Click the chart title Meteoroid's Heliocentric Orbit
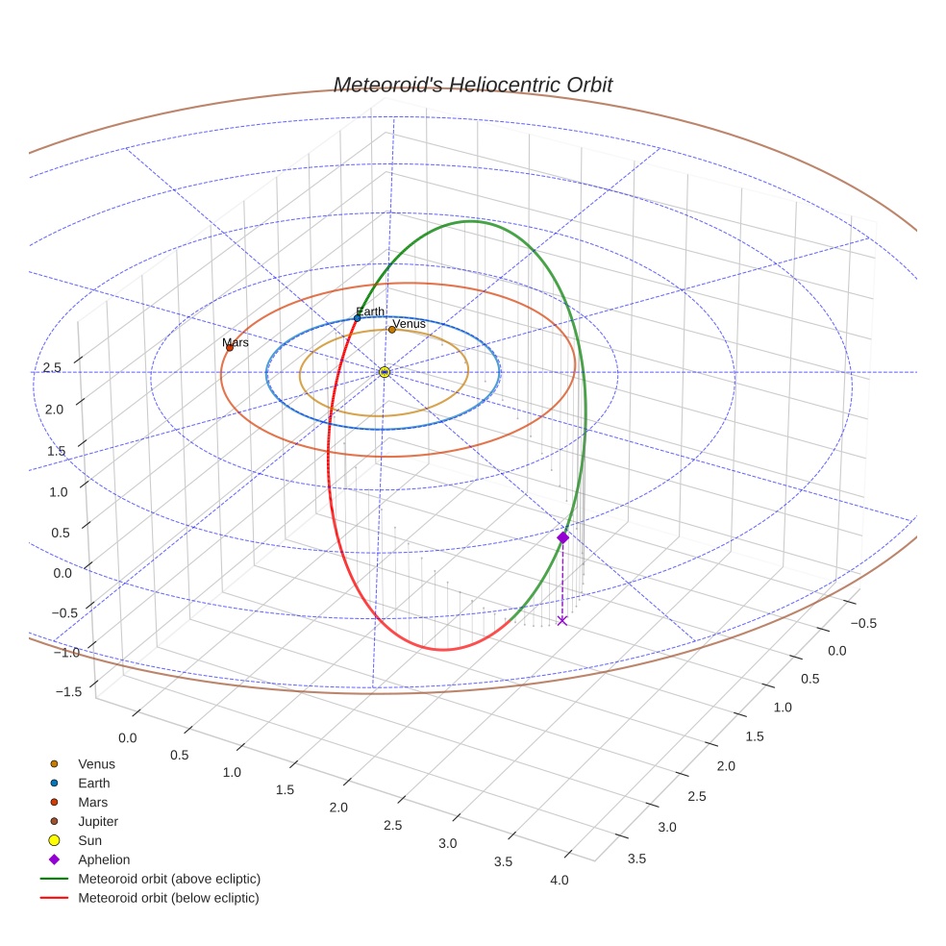coord(472,85)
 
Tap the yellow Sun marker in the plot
coord(385,372)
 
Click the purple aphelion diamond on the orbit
coord(562,537)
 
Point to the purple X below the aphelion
coord(562,621)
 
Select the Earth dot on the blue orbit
coord(358,318)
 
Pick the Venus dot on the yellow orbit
coord(391,330)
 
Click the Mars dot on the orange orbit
coord(229,347)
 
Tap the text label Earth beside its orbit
coord(370,311)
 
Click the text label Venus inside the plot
coord(410,324)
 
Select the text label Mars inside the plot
coord(236,342)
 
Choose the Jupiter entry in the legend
coord(98,821)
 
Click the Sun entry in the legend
coord(88,840)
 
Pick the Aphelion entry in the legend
coord(104,859)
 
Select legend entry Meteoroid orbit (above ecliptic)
coord(169,879)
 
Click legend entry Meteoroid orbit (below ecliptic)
coord(168,898)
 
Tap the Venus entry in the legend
coord(96,764)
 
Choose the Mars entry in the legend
coord(92,802)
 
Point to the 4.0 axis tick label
coord(558,880)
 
